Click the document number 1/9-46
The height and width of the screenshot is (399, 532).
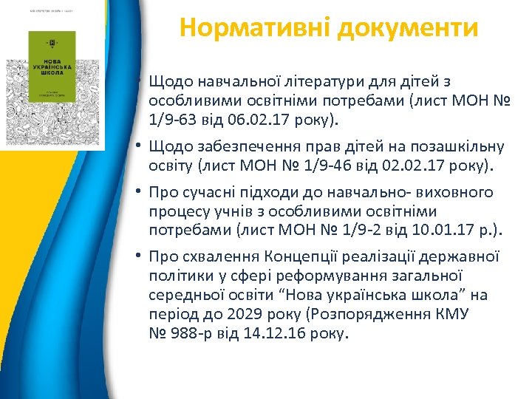tap(343, 166)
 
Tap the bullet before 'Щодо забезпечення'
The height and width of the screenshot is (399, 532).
tap(139, 147)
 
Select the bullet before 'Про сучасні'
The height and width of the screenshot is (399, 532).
tap(139, 193)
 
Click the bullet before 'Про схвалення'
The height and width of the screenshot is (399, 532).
tap(139, 257)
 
